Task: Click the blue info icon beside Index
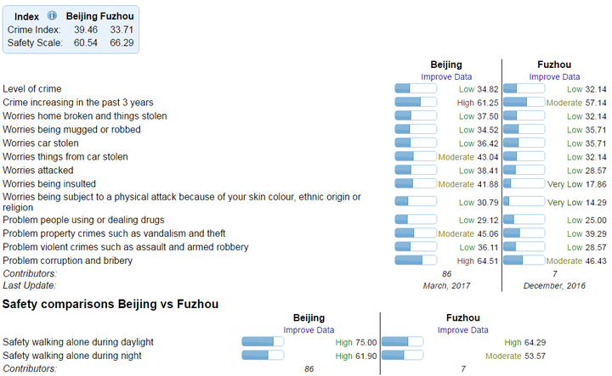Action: pyautogui.click(x=52, y=16)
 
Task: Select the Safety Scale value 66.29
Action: pyautogui.click(x=122, y=42)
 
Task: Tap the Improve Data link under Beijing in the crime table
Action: pyautogui.click(x=446, y=76)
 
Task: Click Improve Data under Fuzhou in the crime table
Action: pyautogui.click(x=554, y=76)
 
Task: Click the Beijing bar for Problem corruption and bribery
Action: pyautogui.click(x=416, y=261)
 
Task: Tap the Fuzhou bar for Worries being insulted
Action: pyautogui.click(x=523, y=184)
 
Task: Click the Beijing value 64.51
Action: pyautogui.click(x=487, y=261)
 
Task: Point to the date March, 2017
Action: pyautogui.click(x=446, y=286)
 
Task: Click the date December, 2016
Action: pyautogui.click(x=554, y=286)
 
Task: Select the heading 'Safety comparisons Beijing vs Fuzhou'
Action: pyautogui.click(x=110, y=304)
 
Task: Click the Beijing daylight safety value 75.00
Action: pyautogui.click(x=365, y=342)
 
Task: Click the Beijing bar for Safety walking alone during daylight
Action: pyautogui.click(x=263, y=342)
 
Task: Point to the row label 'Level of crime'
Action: pyautogui.click(x=31, y=88)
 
